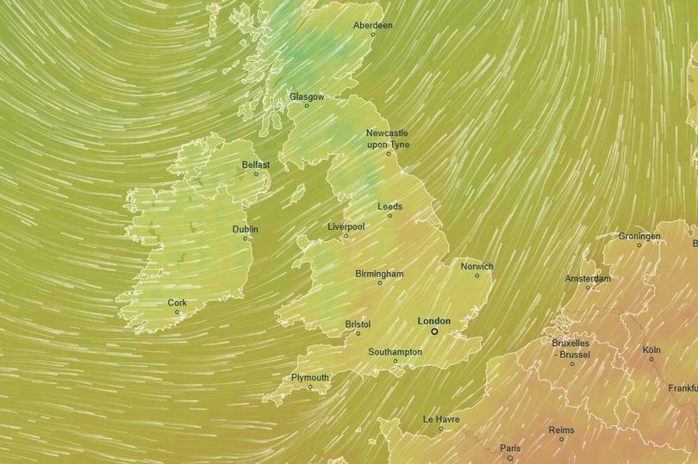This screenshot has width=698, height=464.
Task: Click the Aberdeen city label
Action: coord(373,26)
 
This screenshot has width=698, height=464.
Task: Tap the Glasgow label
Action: coord(307,97)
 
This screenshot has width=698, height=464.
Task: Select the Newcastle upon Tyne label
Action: coord(387,139)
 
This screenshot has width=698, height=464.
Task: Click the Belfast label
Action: coord(256,164)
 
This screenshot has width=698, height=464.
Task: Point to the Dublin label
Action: coord(246,230)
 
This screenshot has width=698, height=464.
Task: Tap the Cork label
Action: coord(178,303)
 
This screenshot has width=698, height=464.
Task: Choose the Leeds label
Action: coord(390,207)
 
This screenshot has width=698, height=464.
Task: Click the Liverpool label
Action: coord(346,226)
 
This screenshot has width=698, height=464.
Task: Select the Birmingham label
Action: coord(379,274)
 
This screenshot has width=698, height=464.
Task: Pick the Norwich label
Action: coord(477,267)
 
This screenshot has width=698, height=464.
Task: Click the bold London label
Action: coord(433,321)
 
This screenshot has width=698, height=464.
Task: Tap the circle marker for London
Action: coord(434,331)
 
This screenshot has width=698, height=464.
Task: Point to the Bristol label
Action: coord(358,325)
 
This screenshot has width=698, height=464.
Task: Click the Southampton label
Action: coord(395,352)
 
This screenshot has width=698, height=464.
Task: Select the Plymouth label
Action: coord(310,378)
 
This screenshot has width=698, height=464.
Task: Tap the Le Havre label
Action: coord(440,419)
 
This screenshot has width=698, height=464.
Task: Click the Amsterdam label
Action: coord(588,279)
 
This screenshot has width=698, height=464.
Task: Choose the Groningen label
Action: coord(639,236)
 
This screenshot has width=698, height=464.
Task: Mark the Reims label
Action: coord(561,430)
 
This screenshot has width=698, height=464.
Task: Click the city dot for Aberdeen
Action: coord(373,34)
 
